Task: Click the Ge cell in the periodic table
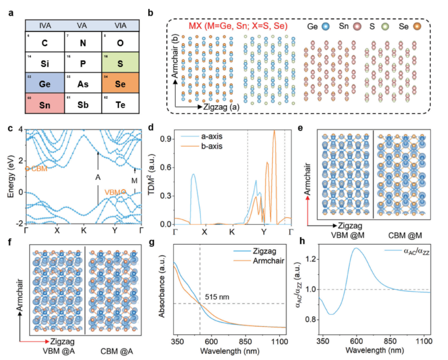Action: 45,83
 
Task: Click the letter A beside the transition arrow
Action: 98,177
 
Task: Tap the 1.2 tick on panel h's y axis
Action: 310,259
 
